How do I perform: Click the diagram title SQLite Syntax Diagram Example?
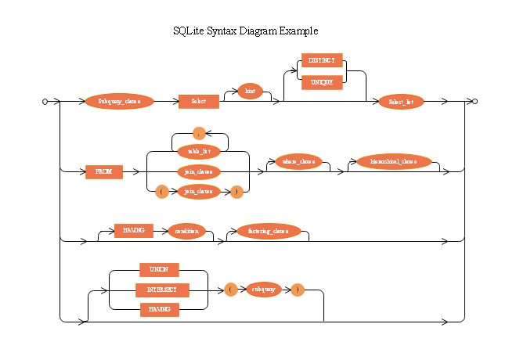[x=245, y=31]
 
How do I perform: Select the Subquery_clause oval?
[x=120, y=102]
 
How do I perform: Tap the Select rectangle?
[x=198, y=102]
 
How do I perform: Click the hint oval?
[x=250, y=92]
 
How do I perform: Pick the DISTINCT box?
[x=322, y=61]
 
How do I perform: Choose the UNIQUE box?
[x=322, y=81]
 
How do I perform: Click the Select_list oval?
[x=401, y=102]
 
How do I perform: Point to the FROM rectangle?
[x=104, y=171]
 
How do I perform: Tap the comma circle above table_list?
[x=198, y=134]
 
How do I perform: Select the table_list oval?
[x=198, y=152]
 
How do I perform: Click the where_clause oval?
[x=298, y=162]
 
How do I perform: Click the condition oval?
[x=186, y=231]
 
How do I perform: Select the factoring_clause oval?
[x=269, y=231]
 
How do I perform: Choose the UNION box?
[x=159, y=270]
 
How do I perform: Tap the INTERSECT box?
[x=162, y=290]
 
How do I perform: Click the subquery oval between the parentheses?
[x=264, y=290]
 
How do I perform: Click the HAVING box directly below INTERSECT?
[x=159, y=310]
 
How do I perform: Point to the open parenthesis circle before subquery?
[x=230, y=290]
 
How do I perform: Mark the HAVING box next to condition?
[x=133, y=231]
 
